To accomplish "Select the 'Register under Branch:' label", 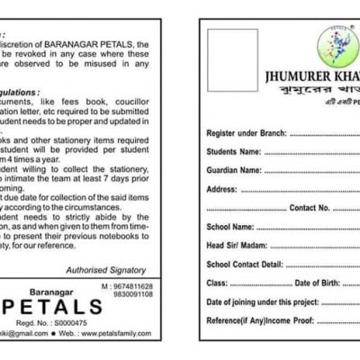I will click(247, 132).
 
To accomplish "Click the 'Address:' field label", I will click(221, 189).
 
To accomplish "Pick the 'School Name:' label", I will click(230, 227).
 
